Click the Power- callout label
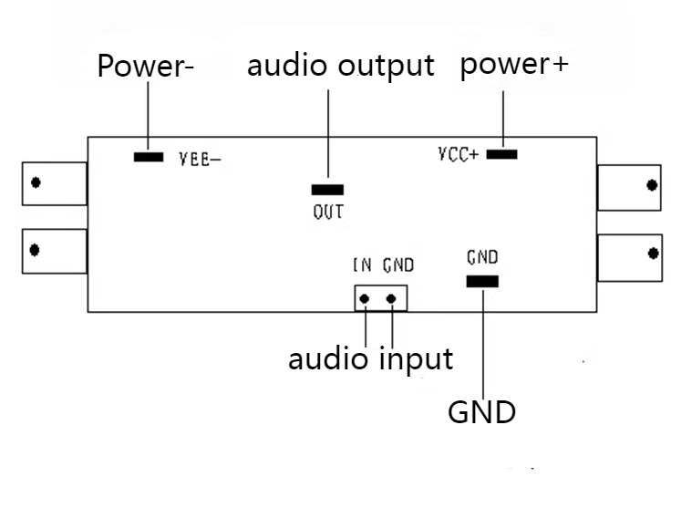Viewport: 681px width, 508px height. coord(146,66)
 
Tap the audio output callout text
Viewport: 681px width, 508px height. coord(341,66)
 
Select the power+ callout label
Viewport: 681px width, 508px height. coord(514,65)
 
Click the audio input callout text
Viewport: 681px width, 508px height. coord(371,359)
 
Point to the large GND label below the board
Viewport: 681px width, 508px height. coord(481,412)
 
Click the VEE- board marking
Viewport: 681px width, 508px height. coord(201,160)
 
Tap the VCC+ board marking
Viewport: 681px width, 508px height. coord(459,154)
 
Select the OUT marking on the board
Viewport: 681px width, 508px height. coord(328,212)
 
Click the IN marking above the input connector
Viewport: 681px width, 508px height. coord(362,264)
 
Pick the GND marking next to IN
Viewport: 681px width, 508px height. coord(398,265)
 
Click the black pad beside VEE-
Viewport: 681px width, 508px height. coord(149,157)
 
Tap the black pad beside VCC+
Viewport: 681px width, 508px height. coord(502,154)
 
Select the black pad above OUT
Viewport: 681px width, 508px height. coord(327,190)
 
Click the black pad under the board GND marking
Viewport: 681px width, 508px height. coord(482,282)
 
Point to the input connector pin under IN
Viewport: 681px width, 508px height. coord(365,299)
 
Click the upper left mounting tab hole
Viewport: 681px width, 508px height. coord(36,182)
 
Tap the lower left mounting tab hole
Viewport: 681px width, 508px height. coord(35,250)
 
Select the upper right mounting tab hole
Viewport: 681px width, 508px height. coord(652,185)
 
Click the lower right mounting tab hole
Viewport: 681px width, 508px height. coord(654,254)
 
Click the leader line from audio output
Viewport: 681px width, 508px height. coord(328,133)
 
